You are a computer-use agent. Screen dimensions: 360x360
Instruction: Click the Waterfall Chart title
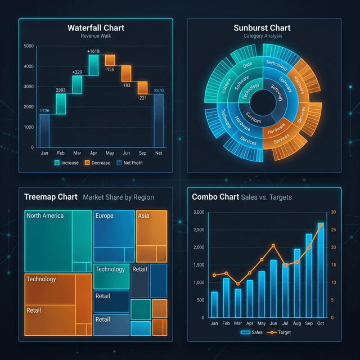[96, 28]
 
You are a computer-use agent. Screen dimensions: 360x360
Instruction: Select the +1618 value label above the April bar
[93, 51]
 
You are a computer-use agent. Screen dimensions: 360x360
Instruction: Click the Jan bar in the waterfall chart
[44, 130]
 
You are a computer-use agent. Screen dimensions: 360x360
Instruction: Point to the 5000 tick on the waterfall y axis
[29, 46]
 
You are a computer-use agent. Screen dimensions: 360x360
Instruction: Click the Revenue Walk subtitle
[96, 36]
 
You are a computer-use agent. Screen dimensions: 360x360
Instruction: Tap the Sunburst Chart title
[262, 28]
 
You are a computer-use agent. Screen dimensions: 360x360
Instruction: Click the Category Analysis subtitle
[263, 36]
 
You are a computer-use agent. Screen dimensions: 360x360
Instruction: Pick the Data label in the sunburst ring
[247, 65]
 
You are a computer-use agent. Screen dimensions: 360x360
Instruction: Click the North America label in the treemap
[45, 215]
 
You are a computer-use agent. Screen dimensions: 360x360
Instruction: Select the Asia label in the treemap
[143, 215]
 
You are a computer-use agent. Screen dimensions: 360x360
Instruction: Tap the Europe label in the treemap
[105, 215]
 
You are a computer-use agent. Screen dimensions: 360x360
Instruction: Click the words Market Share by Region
[118, 197]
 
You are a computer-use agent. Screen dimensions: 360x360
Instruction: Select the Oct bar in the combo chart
[320, 270]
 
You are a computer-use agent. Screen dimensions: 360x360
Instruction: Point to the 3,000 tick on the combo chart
[199, 212]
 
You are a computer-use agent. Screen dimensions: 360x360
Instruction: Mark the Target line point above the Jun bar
[273, 245]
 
